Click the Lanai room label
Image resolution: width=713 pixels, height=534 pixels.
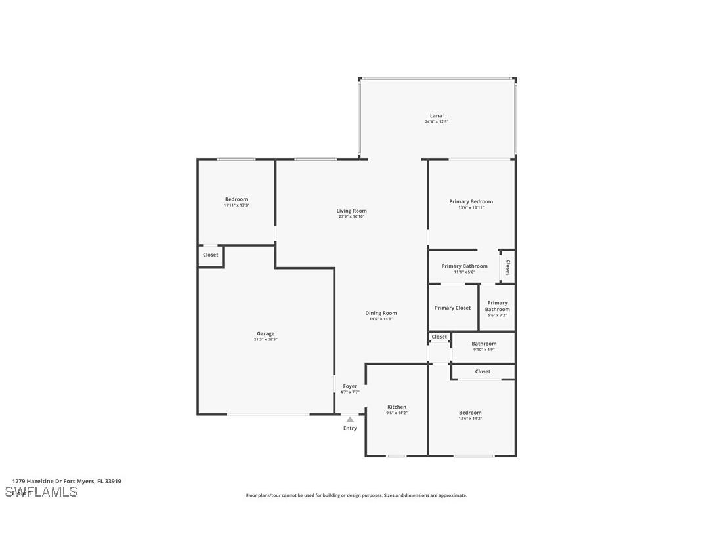437,116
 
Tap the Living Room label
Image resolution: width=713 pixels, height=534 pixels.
351,211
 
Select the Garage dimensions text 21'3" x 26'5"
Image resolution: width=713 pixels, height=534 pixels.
265,340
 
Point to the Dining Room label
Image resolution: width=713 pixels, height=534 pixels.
381,313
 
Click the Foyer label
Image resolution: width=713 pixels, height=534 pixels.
350,386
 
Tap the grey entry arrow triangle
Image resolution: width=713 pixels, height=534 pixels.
350,420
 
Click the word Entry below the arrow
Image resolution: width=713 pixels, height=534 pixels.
350,428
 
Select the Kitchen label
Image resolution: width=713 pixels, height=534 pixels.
397,407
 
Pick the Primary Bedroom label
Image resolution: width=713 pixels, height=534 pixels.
471,201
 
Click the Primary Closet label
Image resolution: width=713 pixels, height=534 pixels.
452,308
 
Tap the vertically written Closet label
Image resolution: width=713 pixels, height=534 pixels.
508,266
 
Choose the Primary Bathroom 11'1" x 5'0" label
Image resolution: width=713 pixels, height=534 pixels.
464,266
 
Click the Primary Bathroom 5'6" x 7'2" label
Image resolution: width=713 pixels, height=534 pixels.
497,306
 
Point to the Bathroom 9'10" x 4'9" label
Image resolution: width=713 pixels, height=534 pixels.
484,344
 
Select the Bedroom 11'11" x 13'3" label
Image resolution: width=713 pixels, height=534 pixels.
236,199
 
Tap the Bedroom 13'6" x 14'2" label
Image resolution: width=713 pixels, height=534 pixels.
470,413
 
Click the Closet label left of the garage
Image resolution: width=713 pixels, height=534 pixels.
210,255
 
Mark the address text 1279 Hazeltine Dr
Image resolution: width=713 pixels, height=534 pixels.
66,481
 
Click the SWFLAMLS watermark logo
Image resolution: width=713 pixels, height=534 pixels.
41,492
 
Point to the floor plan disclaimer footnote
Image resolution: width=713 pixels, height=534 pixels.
356,495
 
